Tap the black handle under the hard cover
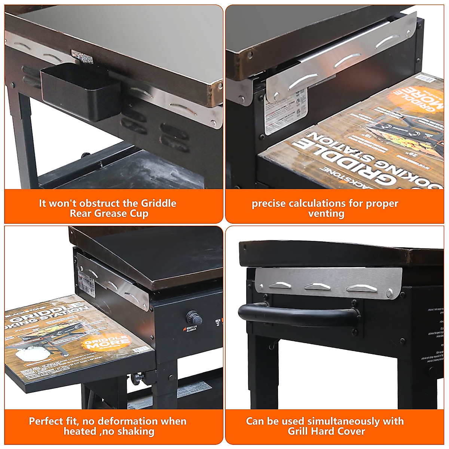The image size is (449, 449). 299,314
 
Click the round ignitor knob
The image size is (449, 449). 195,318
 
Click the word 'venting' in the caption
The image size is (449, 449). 326,214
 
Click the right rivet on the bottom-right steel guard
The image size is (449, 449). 389,292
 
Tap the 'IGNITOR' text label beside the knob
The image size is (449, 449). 190,328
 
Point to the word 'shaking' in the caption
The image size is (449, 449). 136,431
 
